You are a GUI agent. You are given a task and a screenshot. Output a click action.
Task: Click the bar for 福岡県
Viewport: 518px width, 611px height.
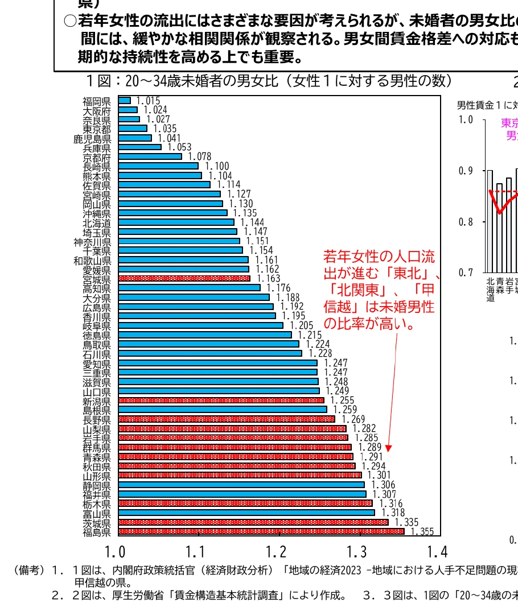[x=125, y=100]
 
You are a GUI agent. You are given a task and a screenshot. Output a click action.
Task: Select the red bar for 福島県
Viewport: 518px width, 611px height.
[x=261, y=531]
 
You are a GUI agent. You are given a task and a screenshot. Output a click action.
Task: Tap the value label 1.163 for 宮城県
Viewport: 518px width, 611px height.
[x=269, y=279]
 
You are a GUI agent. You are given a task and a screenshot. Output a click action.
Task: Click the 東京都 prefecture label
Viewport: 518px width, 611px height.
[x=96, y=129]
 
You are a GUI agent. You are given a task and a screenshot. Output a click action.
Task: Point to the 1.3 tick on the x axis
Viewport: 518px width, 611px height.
[x=357, y=551]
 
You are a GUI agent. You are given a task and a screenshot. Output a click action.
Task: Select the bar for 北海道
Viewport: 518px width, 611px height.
[x=176, y=222]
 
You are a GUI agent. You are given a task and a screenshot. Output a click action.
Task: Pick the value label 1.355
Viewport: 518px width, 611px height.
[x=422, y=532]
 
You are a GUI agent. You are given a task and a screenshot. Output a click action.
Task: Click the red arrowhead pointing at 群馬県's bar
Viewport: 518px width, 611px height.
[x=388, y=447]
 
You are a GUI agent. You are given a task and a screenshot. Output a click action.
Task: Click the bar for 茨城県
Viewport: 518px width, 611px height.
[x=253, y=522]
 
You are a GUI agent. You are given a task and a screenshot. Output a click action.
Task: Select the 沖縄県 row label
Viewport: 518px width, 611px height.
[x=96, y=213]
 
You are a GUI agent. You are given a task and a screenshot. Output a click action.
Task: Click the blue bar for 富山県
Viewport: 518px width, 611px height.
[x=246, y=513]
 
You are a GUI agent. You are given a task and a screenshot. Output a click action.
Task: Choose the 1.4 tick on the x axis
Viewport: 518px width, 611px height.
[x=437, y=551]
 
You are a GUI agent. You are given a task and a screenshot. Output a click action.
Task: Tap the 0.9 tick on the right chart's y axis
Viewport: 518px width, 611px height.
[x=466, y=171]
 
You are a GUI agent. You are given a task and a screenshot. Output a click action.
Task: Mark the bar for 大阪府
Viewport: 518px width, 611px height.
[x=128, y=110]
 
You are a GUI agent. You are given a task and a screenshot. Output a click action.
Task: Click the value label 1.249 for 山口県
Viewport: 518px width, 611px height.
[x=338, y=391]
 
